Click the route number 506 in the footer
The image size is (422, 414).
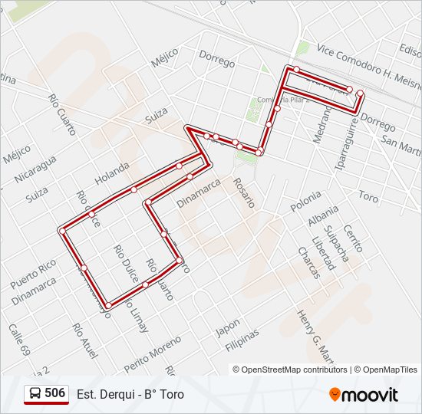pyautogui.click(x=54, y=393)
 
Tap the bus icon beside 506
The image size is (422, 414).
pyautogui.click(x=35, y=394)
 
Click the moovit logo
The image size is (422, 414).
pyautogui.click(x=364, y=395)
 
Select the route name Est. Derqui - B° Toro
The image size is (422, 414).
pyautogui.click(x=130, y=395)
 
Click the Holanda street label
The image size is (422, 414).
pyautogui.click(x=112, y=172)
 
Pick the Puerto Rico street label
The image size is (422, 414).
pyautogui.click(x=33, y=274)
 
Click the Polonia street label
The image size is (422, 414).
pyautogui.click(x=306, y=202)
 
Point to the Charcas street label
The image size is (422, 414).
pyautogui.click(x=308, y=263)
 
